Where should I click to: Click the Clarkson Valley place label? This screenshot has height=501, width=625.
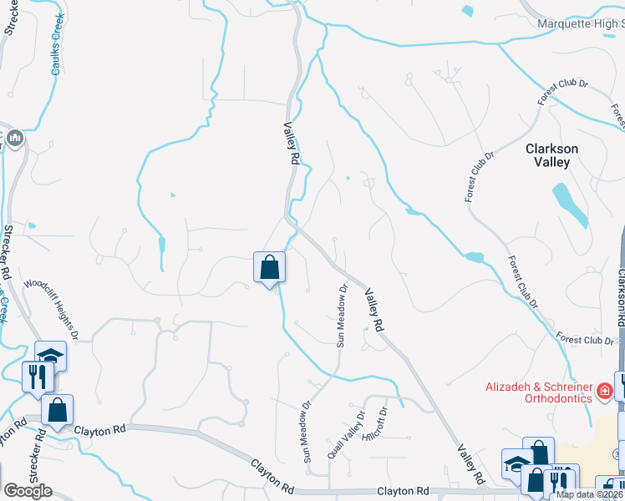(x=551, y=155)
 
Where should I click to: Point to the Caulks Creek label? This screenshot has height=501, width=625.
(x=56, y=53)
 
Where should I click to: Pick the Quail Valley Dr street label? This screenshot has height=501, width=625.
(x=347, y=434)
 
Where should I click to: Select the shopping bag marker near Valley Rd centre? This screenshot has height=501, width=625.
(x=270, y=268)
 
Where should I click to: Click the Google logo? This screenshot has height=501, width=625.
(x=28, y=491)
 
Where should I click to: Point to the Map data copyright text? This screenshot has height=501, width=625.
(x=590, y=494)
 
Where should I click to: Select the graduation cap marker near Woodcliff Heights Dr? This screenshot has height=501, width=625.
(x=51, y=357)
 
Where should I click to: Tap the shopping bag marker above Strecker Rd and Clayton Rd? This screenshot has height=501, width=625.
(x=57, y=411)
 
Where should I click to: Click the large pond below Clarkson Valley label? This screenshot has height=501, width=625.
(x=570, y=205)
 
